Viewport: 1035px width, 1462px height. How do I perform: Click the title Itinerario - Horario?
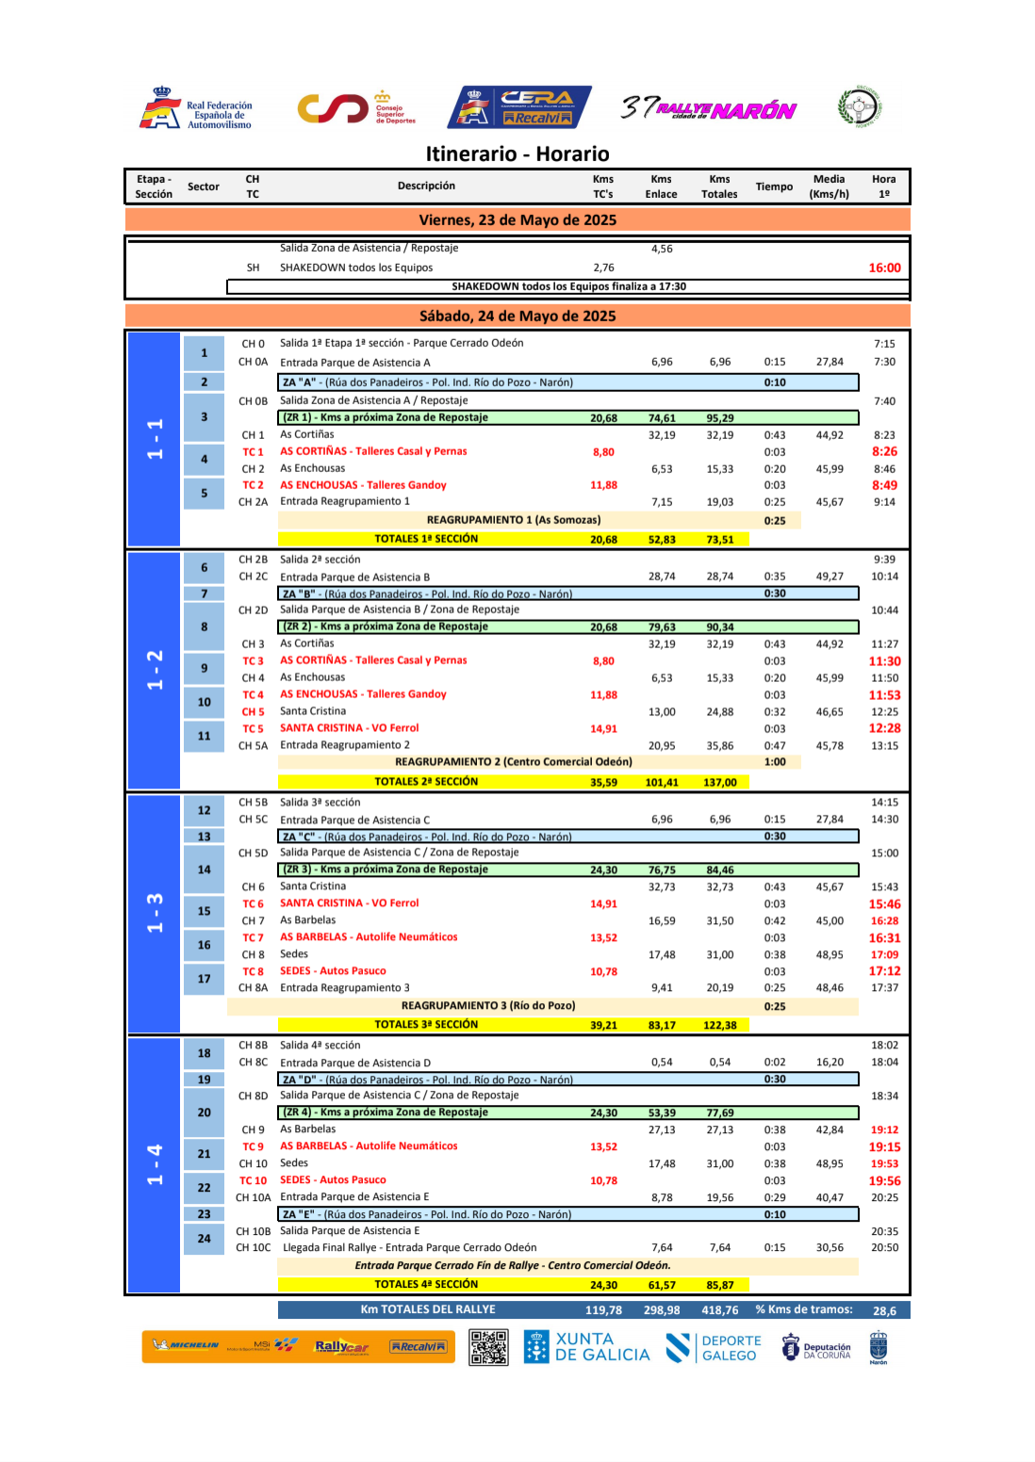tap(517, 154)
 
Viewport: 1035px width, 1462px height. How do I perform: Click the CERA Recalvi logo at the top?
tap(519, 107)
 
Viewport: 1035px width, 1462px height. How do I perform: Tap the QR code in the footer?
tap(488, 1347)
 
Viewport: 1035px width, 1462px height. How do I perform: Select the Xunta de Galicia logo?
tap(588, 1347)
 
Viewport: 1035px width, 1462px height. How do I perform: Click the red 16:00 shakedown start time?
tap(884, 268)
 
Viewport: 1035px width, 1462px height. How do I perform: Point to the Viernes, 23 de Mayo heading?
tap(517, 220)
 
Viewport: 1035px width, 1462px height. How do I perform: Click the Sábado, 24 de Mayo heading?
tap(517, 317)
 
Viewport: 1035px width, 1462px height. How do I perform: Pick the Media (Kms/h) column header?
tap(829, 187)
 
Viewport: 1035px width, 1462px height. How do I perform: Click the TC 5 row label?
tap(253, 729)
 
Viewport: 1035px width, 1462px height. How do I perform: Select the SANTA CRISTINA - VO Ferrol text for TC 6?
tap(349, 903)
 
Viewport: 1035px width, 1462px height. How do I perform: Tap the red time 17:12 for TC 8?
tap(884, 971)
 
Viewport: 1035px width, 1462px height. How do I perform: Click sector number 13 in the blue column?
tap(204, 837)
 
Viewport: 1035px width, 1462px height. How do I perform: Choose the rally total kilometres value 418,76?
tap(719, 1310)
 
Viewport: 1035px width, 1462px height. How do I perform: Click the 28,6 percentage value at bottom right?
tap(884, 1310)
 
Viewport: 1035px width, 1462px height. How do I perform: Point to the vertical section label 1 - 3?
tap(155, 914)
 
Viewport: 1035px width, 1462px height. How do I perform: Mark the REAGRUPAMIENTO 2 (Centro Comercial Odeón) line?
tap(513, 762)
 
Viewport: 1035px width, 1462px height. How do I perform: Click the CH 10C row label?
tap(253, 1248)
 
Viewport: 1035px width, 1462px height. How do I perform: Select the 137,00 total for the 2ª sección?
tap(719, 783)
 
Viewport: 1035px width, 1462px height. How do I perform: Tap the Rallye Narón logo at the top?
tap(709, 109)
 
